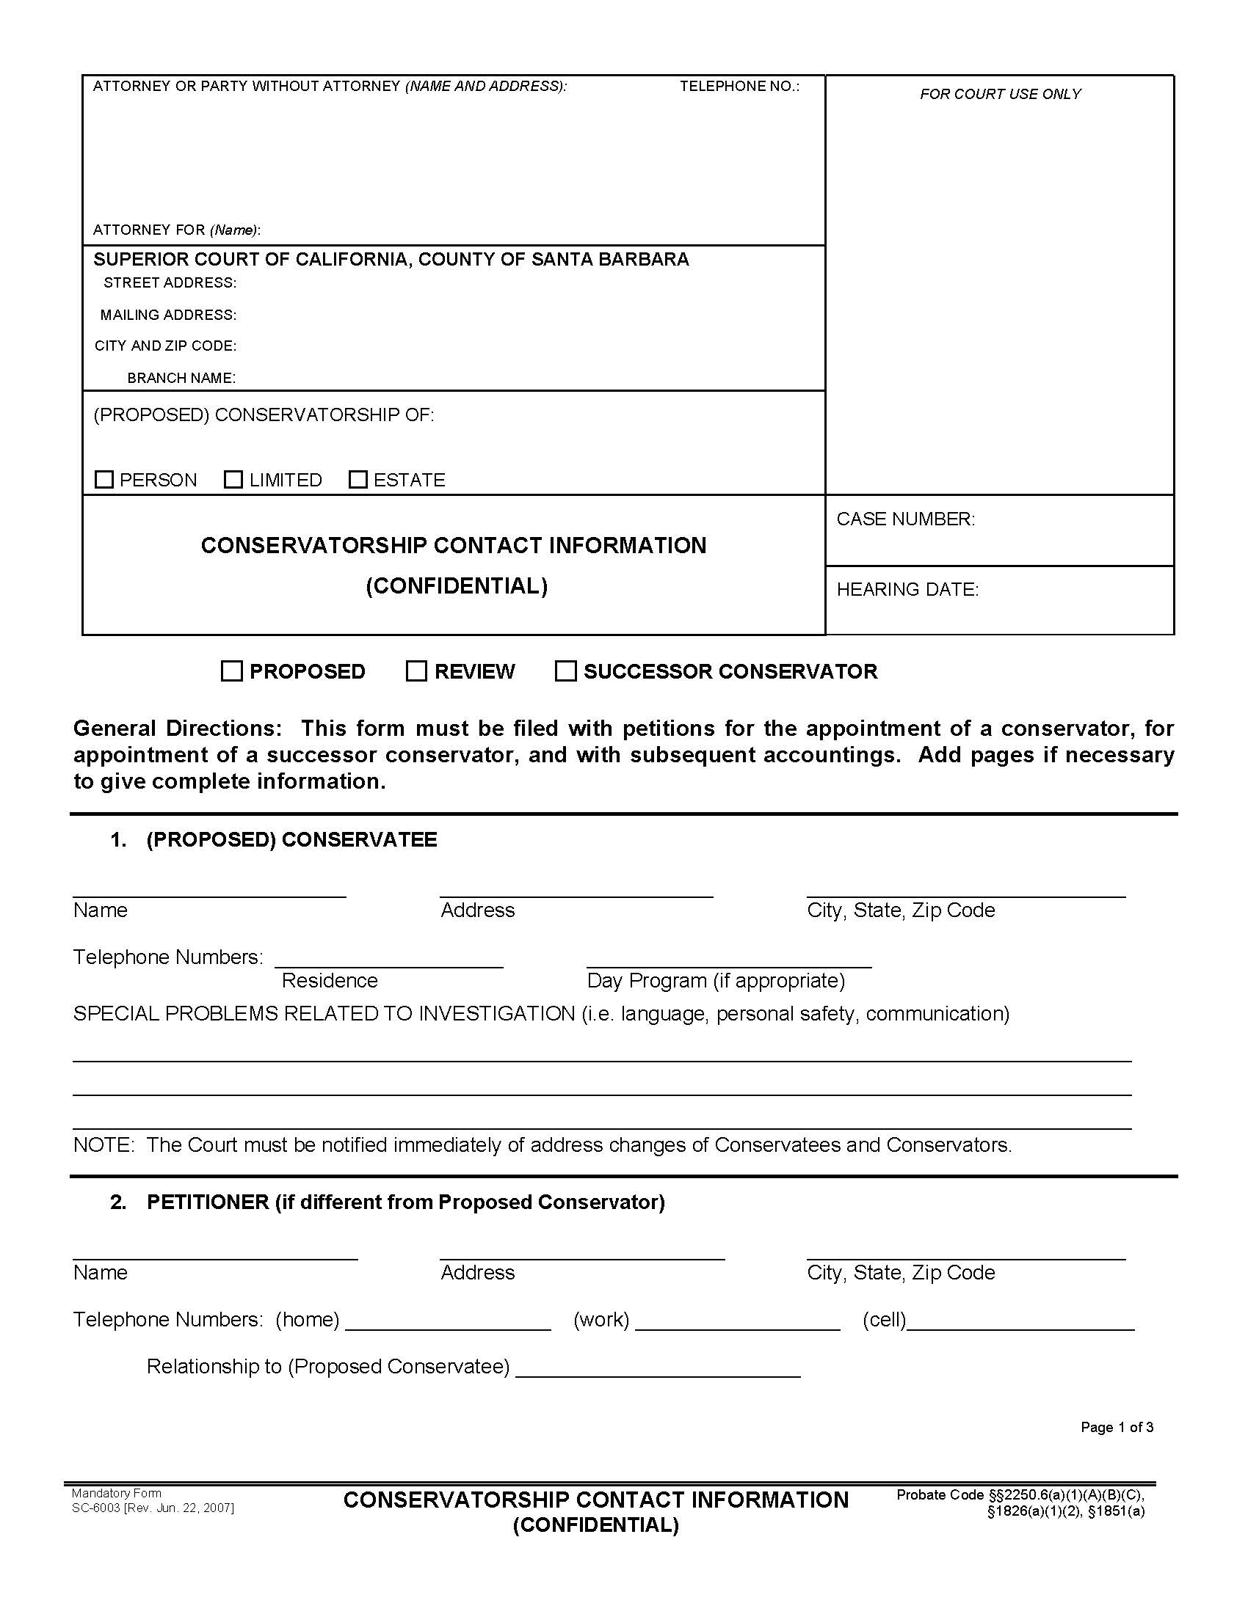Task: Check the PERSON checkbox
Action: click(x=104, y=480)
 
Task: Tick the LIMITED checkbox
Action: click(x=233, y=480)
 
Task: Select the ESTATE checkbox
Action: click(x=358, y=480)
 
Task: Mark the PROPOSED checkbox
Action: click(x=232, y=671)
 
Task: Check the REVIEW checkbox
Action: click(x=417, y=671)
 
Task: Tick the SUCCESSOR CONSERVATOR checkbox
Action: click(x=565, y=671)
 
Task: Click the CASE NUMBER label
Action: click(x=906, y=519)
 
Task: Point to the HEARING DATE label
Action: click(x=908, y=589)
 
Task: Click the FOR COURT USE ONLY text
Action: click(x=1001, y=94)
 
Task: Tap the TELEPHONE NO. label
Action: click(x=739, y=87)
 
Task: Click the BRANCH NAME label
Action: click(x=181, y=378)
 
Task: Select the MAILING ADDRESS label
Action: click(x=169, y=315)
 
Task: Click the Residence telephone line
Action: click(x=389, y=960)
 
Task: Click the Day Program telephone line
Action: click(x=729, y=960)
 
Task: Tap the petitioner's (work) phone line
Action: click(x=738, y=1323)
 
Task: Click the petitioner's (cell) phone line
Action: click(x=1020, y=1323)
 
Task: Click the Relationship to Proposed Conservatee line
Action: click(x=658, y=1370)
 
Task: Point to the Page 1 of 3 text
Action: click(x=1117, y=1427)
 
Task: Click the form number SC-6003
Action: click(x=96, y=1508)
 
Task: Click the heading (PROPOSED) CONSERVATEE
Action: click(x=291, y=839)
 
